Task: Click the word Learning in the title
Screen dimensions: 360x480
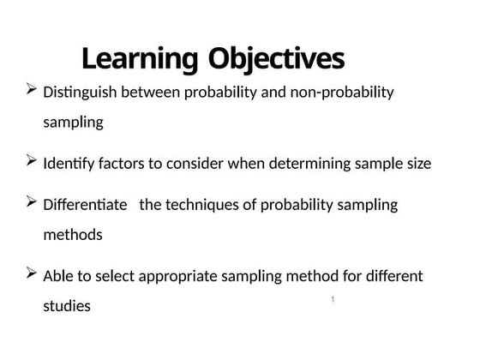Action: tap(141, 60)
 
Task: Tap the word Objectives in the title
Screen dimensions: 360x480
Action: tap(275, 60)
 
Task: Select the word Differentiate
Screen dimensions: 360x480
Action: tap(84, 205)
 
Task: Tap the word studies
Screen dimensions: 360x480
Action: tap(67, 306)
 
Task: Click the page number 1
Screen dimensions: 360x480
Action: tap(332, 299)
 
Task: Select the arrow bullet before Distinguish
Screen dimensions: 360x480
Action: tap(31, 89)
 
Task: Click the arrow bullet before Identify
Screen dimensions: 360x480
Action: tap(31, 160)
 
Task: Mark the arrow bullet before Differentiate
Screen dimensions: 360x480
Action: tap(31, 202)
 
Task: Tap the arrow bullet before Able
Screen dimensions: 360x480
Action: tap(31, 273)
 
